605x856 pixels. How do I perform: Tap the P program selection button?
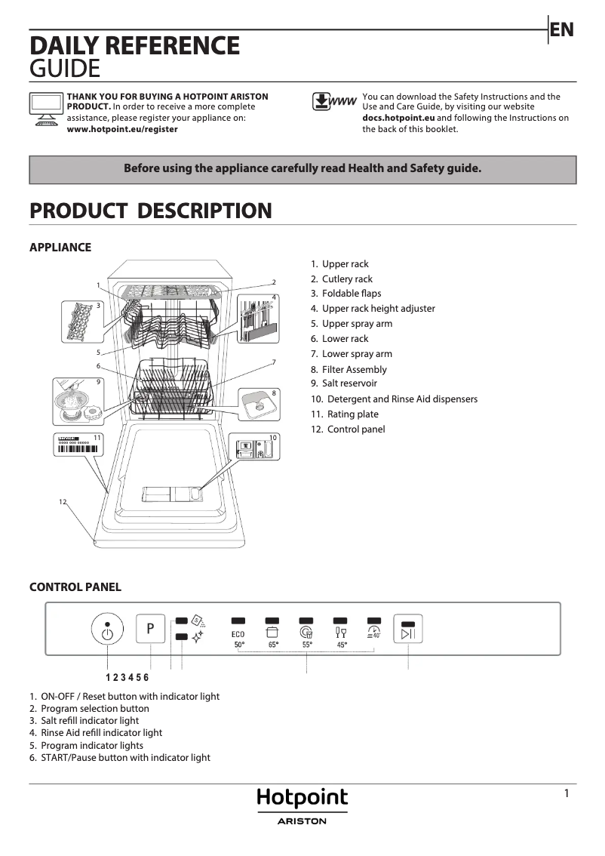(x=150, y=628)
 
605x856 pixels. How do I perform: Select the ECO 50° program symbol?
(x=238, y=634)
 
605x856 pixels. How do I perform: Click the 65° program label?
(x=273, y=645)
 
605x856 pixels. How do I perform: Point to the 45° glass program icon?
(x=341, y=633)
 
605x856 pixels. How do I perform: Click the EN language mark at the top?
(x=562, y=29)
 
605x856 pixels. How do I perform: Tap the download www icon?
(x=333, y=103)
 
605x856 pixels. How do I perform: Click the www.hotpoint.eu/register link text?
(x=122, y=129)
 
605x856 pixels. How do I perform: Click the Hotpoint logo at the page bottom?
(x=302, y=799)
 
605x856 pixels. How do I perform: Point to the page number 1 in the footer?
(x=567, y=793)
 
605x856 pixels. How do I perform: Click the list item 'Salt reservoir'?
(x=349, y=383)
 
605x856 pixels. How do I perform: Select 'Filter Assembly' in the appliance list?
(x=354, y=369)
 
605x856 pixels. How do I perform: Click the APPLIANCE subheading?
(x=60, y=248)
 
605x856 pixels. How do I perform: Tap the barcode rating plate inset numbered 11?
(x=79, y=445)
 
